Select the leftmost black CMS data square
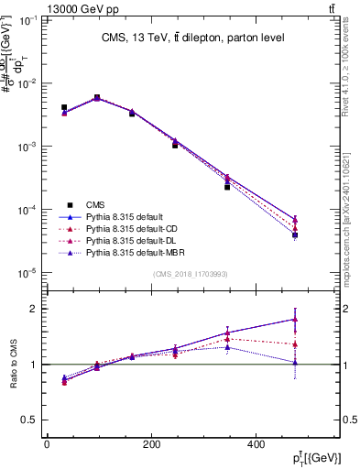64,107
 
